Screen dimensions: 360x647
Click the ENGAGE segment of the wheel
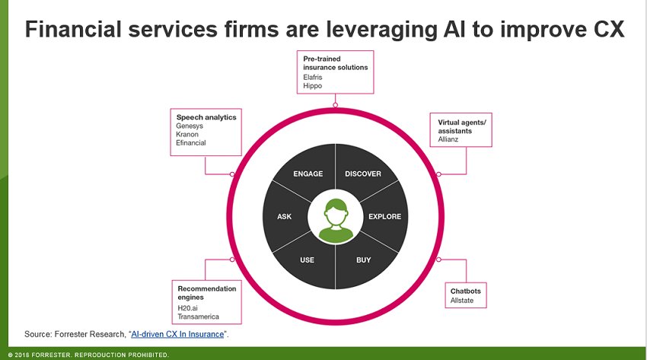tap(308, 174)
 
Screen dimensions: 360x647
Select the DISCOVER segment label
tap(363, 174)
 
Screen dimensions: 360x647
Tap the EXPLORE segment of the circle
tap(384, 217)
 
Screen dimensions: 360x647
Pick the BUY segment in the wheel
tap(364, 260)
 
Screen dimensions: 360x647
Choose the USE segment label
tap(307, 260)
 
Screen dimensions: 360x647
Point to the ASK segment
tap(284, 217)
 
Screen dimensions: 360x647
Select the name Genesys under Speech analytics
tap(190, 126)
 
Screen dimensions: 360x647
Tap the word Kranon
tap(188, 134)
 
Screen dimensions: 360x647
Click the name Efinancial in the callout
tap(191, 142)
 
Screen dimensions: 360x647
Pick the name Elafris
tap(313, 78)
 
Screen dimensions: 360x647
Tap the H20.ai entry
tap(188, 307)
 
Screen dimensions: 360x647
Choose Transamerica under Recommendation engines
tap(199, 317)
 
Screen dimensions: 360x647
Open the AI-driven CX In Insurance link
tap(177, 334)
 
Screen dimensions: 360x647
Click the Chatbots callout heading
tap(465, 291)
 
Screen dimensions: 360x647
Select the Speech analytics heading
tap(206, 117)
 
